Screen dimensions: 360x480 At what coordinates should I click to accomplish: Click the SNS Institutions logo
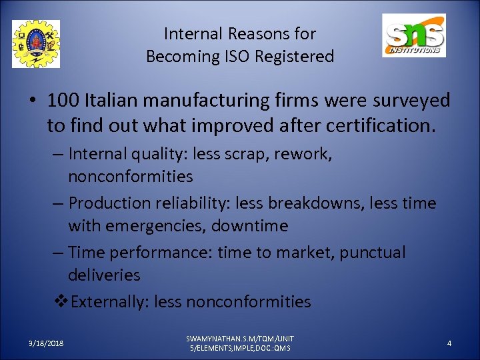pyautogui.click(x=413, y=35)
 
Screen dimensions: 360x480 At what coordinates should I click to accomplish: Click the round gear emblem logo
pyautogui.click(x=36, y=44)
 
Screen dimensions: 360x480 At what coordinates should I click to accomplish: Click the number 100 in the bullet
pyautogui.click(x=63, y=101)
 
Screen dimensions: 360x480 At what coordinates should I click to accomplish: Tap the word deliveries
pyautogui.click(x=104, y=275)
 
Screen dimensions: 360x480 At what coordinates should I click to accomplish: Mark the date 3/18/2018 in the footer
pyautogui.click(x=46, y=343)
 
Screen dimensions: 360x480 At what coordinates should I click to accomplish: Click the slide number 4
pyautogui.click(x=449, y=343)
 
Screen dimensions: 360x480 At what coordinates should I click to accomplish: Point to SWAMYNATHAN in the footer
pyautogui.click(x=213, y=339)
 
